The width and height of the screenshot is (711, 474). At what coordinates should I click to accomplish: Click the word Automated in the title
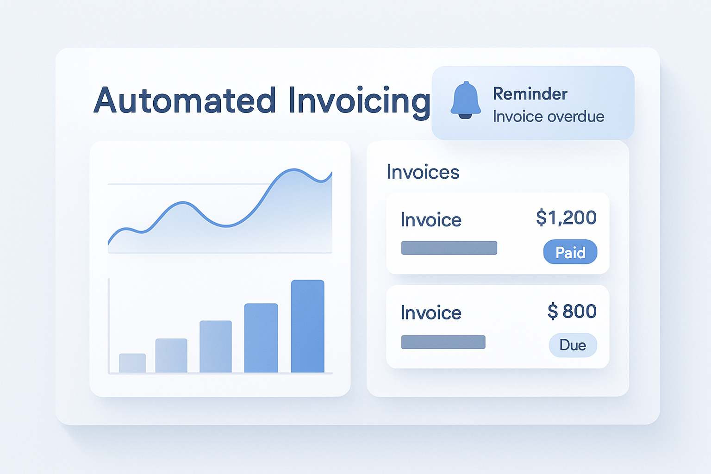(x=185, y=100)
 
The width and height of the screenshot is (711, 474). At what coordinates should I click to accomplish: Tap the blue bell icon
(x=465, y=100)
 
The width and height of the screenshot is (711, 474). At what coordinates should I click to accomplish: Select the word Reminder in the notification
(x=530, y=94)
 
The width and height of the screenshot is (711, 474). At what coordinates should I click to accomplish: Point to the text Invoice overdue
(x=548, y=116)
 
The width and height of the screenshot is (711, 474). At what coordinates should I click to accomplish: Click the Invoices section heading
(x=423, y=172)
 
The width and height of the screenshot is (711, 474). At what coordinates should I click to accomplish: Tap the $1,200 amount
(x=566, y=218)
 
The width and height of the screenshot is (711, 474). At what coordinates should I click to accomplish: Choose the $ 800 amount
(x=572, y=312)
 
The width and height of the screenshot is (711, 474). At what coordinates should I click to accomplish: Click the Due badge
(x=573, y=345)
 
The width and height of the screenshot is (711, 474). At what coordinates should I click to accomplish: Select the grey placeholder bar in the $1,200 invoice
(x=449, y=248)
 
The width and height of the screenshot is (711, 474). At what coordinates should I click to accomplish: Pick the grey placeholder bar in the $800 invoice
(x=443, y=342)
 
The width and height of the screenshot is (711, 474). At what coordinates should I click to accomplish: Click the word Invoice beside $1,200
(x=431, y=220)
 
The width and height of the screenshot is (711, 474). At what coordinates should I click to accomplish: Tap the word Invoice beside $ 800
(x=431, y=313)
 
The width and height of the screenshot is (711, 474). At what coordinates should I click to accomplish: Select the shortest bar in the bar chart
(x=132, y=363)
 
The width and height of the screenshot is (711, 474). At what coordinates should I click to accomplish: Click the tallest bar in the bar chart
(x=307, y=326)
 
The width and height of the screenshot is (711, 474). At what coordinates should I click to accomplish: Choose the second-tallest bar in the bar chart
(x=261, y=338)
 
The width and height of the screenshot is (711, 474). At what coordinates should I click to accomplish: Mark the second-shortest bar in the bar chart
(x=171, y=355)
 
